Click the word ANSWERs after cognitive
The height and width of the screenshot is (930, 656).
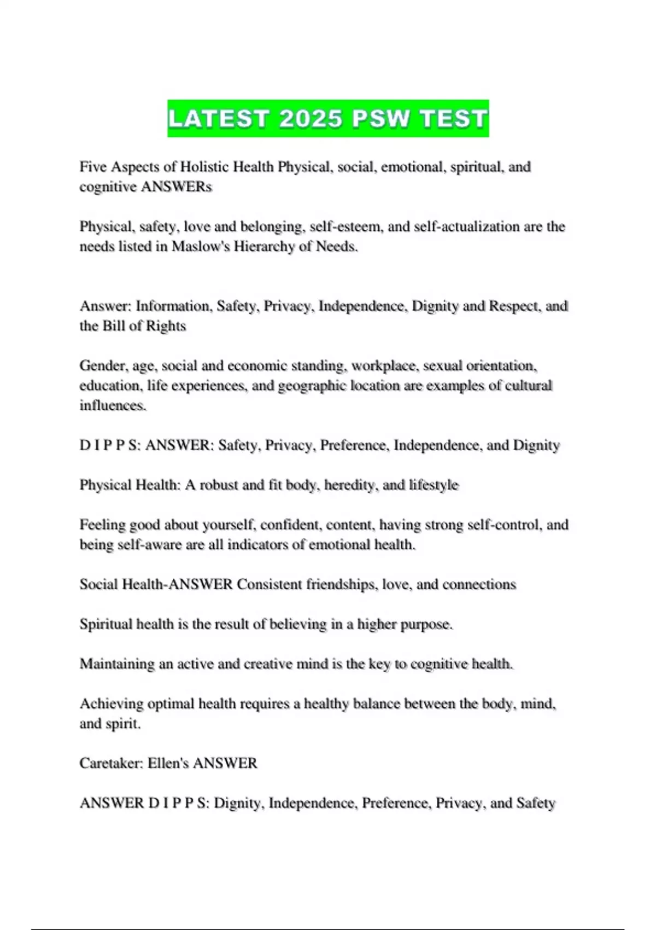click(x=176, y=187)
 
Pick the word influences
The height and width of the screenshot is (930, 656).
click(x=113, y=405)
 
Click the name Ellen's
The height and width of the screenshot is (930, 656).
click(x=168, y=763)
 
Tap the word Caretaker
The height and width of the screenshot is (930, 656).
click(x=111, y=763)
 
